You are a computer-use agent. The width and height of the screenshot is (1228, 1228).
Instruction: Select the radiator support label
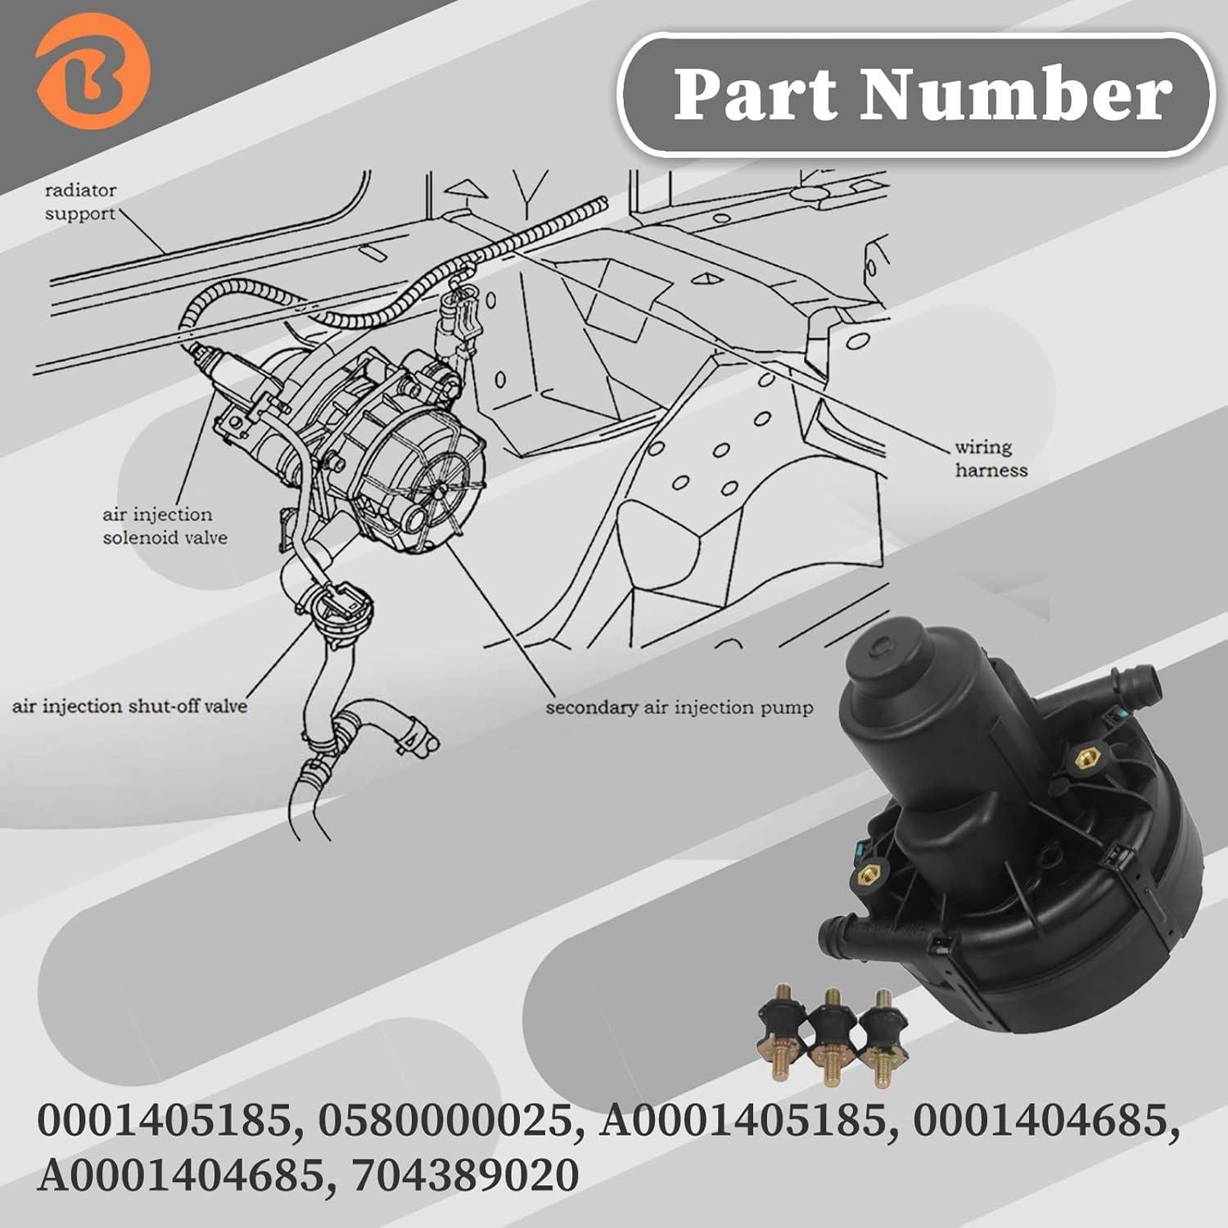point(80,202)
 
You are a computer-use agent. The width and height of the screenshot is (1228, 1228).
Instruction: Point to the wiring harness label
point(990,458)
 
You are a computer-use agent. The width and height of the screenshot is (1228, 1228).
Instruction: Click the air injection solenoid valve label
point(164,526)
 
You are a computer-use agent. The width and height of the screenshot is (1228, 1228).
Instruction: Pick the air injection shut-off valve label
point(129,706)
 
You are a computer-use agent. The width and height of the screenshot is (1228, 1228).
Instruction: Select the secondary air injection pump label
point(679,707)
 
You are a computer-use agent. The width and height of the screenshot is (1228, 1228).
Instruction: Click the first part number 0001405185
point(168,1122)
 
